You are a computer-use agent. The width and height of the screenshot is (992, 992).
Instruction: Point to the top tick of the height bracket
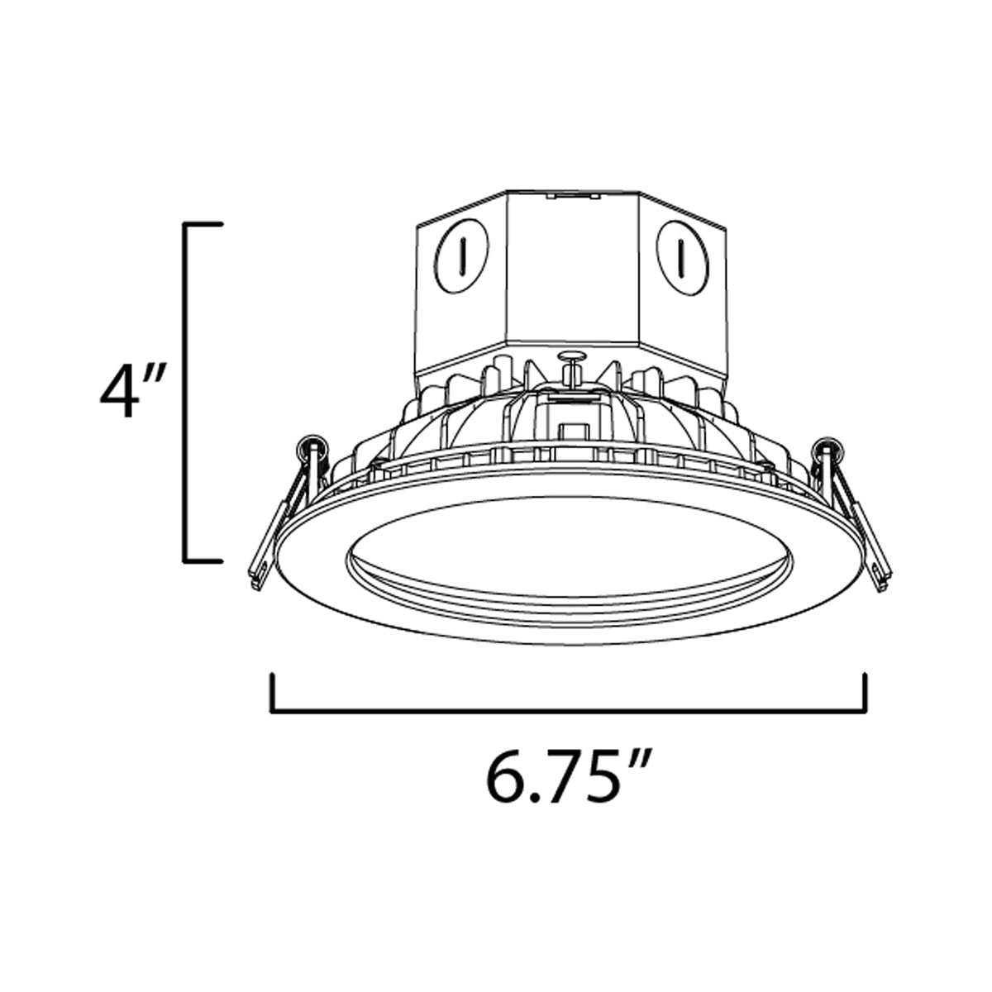203,224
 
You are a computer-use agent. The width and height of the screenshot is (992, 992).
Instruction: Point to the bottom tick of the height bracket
203,561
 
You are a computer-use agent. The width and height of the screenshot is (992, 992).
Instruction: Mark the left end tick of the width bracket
272,692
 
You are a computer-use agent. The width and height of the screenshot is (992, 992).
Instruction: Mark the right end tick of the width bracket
865,692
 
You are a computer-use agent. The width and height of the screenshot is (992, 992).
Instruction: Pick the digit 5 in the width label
598,777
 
